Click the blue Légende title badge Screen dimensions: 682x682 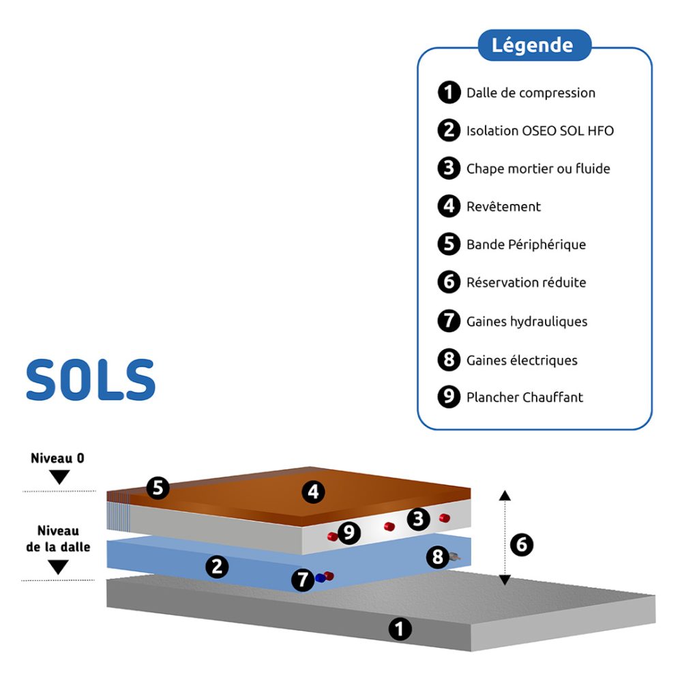pos(532,46)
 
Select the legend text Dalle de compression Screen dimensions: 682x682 pos(531,93)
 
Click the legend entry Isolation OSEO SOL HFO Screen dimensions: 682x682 pos(539,130)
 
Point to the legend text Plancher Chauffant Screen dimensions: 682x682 pos(524,397)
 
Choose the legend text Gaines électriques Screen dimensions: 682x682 pos(522,359)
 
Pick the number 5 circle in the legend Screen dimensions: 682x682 pos(449,244)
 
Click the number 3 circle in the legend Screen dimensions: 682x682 pos(449,168)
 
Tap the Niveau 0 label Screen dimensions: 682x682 pos(58,458)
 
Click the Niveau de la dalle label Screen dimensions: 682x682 pos(58,538)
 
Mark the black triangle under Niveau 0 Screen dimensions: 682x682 pos(59,477)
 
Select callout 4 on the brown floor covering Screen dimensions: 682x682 pos(313,492)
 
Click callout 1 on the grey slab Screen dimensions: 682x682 pos(400,629)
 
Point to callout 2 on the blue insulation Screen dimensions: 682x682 pos(217,566)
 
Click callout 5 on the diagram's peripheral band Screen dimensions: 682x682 pos(158,488)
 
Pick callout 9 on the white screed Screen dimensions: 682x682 pos(349,533)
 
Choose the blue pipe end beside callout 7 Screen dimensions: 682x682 pos(319,578)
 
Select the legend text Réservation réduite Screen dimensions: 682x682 pos(526,282)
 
